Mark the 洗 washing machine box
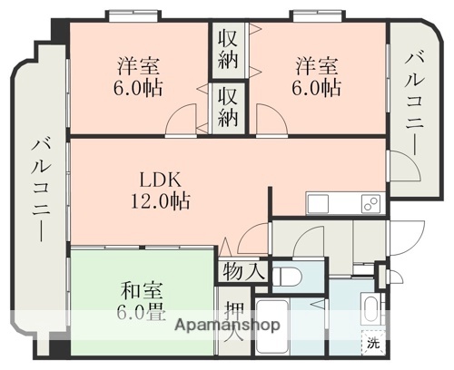point(373,343)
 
